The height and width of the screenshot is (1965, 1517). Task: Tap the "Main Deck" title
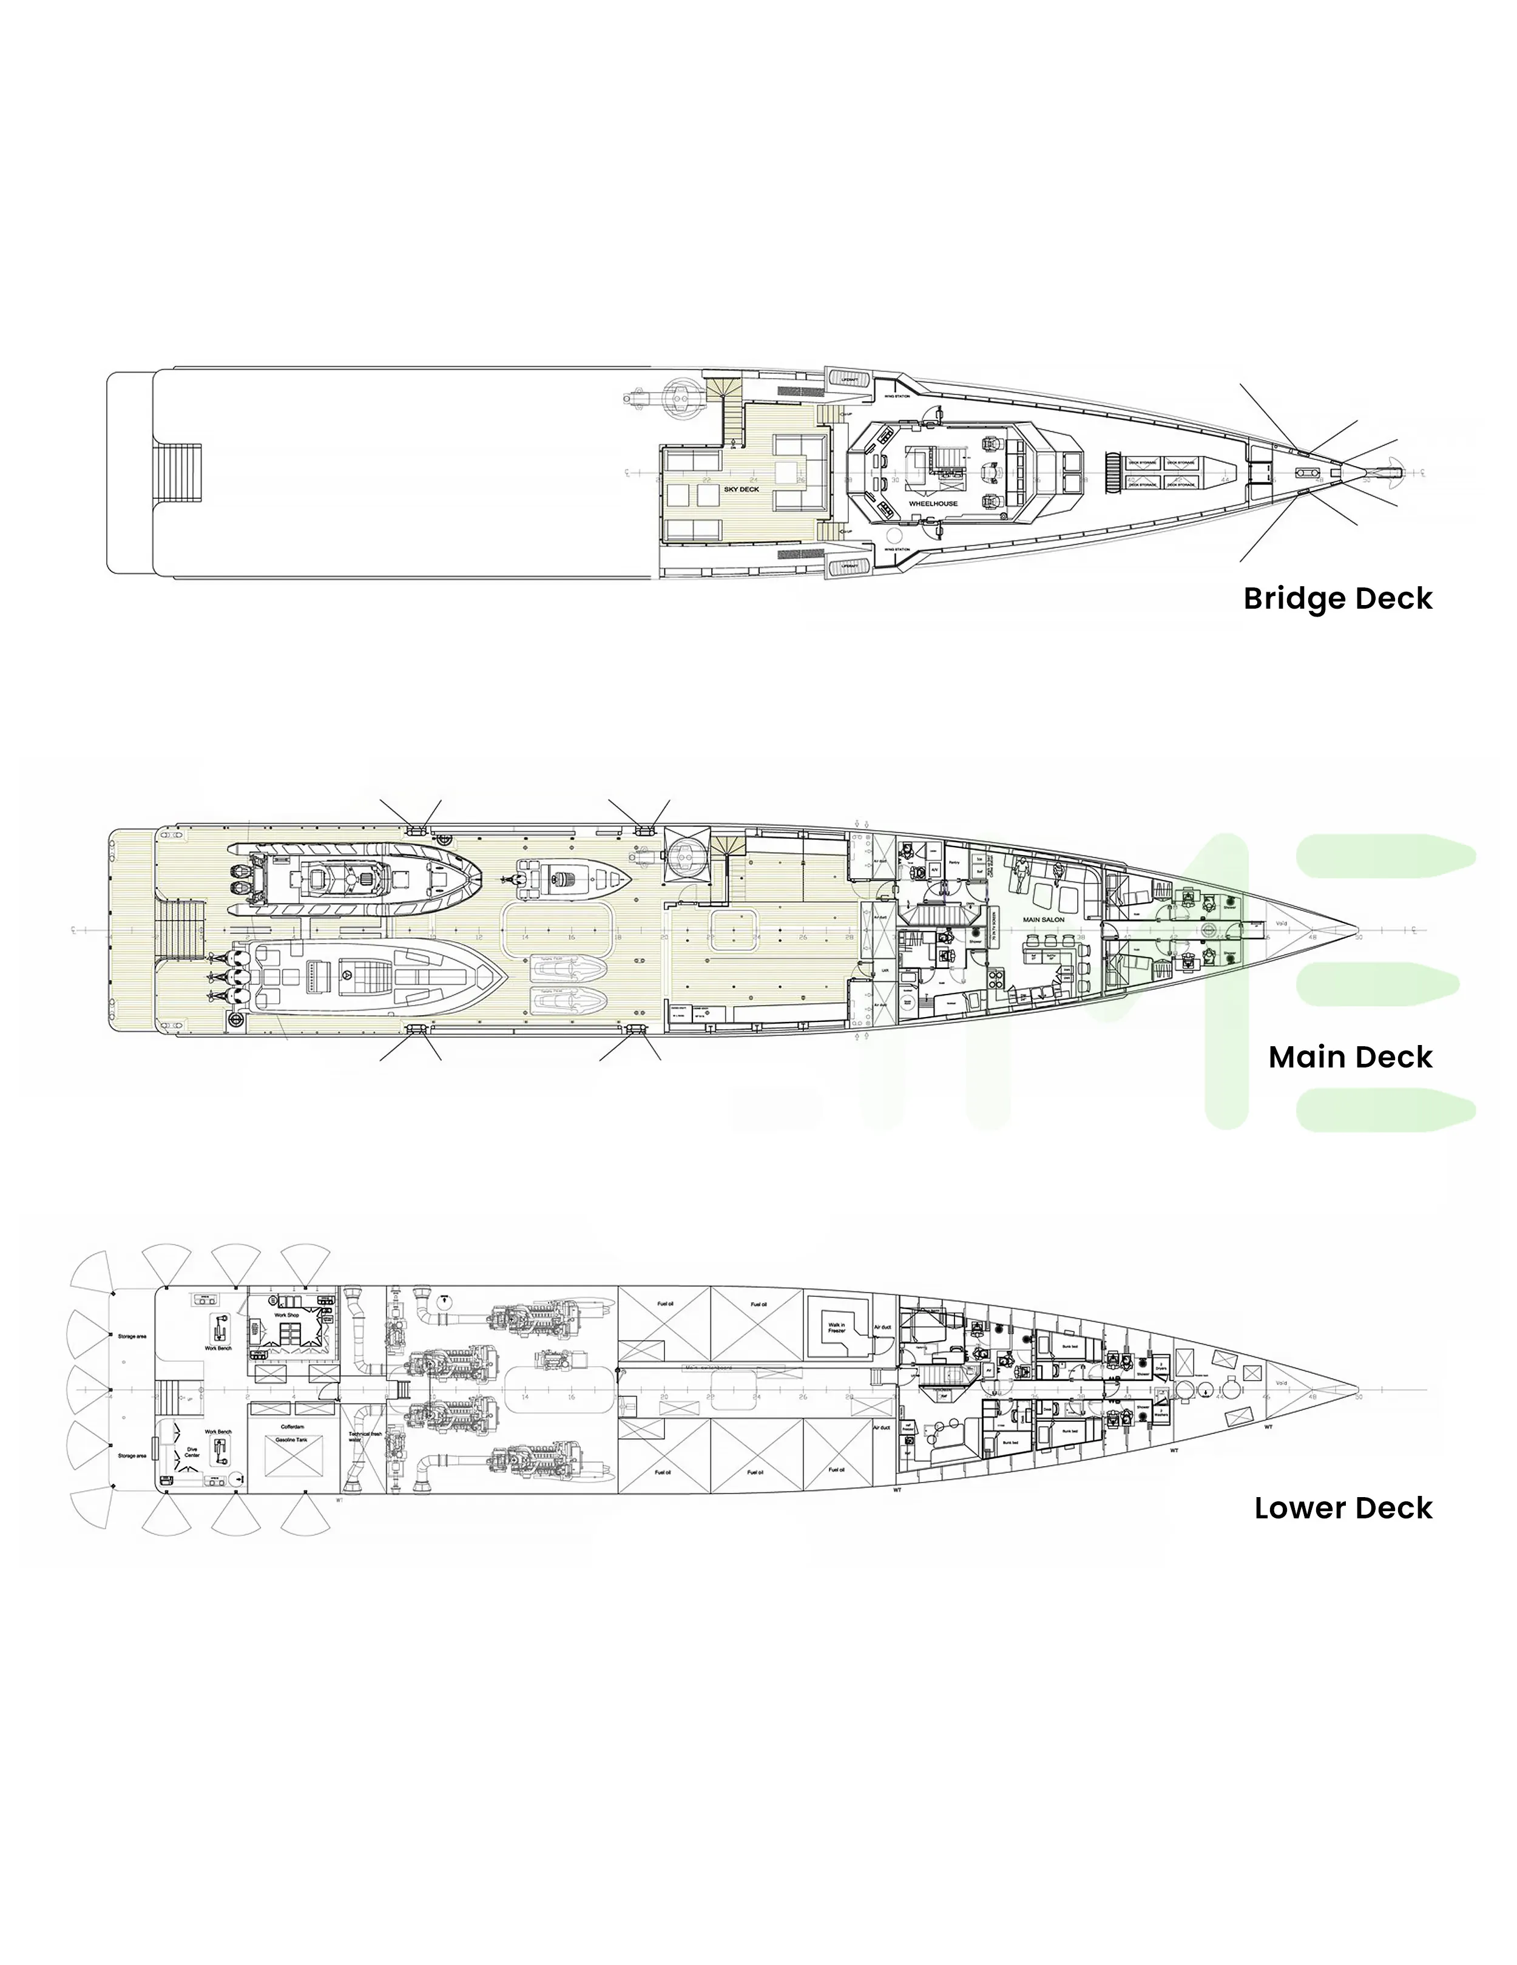click(1350, 1057)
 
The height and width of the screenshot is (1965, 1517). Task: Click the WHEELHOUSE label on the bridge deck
click(933, 504)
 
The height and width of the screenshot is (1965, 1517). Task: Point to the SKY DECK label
click(742, 490)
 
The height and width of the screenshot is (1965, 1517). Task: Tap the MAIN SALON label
click(1044, 919)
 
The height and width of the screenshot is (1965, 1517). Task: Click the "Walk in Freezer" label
click(837, 1327)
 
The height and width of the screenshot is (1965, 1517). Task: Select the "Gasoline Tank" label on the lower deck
click(292, 1439)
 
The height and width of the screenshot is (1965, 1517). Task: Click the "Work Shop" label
click(286, 1314)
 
